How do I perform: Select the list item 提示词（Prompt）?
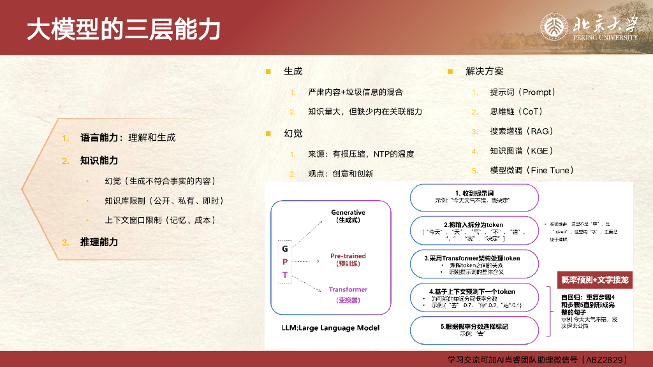[x=522, y=92]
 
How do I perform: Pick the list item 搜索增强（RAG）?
[x=521, y=131]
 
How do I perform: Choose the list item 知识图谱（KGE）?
[x=521, y=151]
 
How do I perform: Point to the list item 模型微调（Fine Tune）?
[x=531, y=170]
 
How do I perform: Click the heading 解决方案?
[x=484, y=71]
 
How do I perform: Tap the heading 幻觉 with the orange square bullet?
[x=293, y=133]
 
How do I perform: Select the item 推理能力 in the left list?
[x=99, y=241]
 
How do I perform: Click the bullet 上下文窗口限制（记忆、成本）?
[x=164, y=220]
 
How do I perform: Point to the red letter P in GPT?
[x=285, y=261]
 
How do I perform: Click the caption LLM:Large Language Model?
[x=330, y=327]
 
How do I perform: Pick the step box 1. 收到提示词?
[x=474, y=196]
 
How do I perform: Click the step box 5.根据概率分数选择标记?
[x=474, y=329]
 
